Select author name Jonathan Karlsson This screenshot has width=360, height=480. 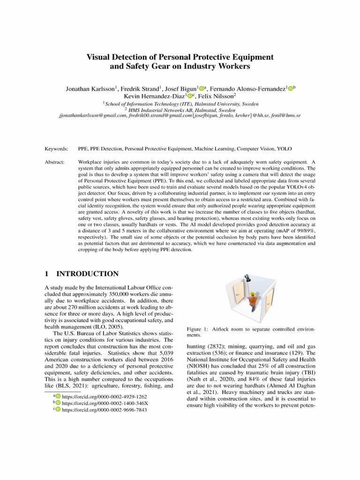tap(91, 89)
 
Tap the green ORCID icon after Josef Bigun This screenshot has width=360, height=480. tap(202, 89)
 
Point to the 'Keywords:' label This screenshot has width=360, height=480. tap(56, 149)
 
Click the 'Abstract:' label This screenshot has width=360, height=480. tap(55, 161)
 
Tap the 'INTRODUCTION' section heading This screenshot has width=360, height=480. tap(87, 274)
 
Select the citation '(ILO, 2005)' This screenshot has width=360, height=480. tap(107, 326)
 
